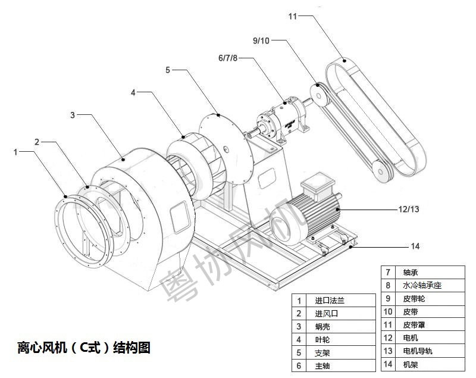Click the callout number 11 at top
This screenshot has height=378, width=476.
point(292,16)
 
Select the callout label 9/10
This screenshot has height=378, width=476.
point(261,40)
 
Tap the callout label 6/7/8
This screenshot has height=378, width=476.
point(228,58)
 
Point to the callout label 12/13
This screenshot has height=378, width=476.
point(408,209)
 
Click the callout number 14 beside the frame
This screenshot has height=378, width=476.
point(415,245)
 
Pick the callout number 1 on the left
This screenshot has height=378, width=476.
point(15,152)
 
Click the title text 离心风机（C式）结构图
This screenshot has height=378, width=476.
point(84,348)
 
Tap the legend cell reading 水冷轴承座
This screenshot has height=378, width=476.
point(422,285)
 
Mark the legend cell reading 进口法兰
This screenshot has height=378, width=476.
point(330,300)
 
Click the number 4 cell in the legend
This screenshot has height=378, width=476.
point(300,339)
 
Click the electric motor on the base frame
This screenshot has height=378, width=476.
point(306,214)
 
